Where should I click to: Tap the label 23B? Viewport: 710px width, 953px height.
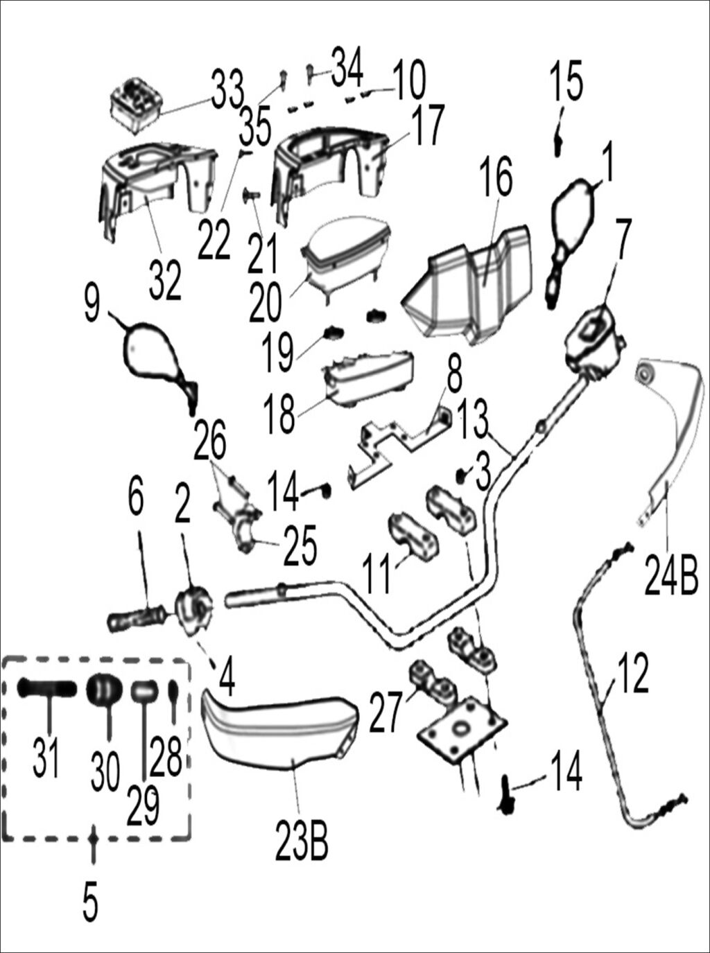[x=302, y=840]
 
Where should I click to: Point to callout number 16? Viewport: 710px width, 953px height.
[x=496, y=177]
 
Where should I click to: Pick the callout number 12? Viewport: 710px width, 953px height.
[x=630, y=672]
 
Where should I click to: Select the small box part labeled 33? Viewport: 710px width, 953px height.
[x=137, y=103]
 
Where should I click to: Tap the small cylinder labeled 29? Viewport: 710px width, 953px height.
[x=144, y=691]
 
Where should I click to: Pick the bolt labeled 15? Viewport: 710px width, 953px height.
[x=558, y=144]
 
